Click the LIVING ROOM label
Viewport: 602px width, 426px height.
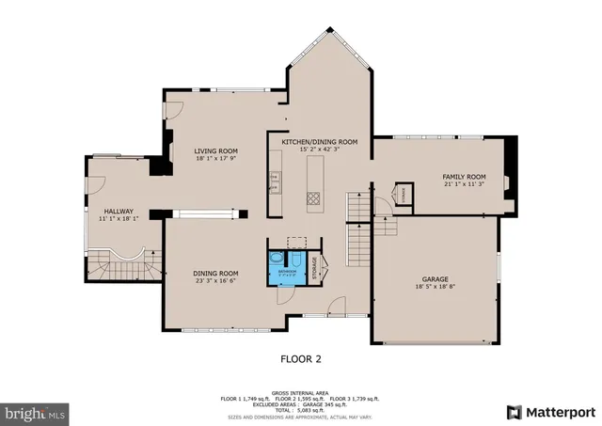215,151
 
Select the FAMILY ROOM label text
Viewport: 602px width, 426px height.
464,177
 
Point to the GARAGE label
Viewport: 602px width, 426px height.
434,279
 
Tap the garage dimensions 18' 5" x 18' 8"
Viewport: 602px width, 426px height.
434,288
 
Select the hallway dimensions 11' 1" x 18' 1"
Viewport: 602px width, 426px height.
119,219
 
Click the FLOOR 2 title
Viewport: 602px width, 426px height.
302,358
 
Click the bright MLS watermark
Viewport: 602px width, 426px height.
35,412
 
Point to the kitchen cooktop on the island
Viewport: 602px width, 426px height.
312,197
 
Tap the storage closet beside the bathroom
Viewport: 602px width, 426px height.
316,267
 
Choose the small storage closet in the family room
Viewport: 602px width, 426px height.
404,193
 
